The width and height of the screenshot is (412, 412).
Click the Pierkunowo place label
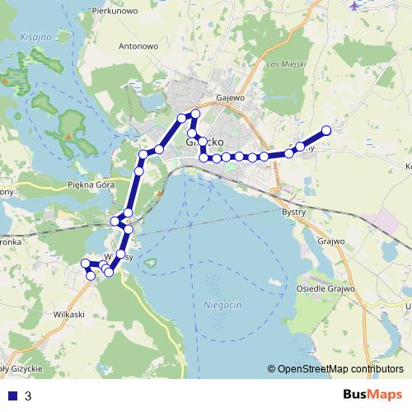[115, 11]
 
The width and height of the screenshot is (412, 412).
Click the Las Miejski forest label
[287, 64]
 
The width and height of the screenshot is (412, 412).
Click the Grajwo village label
[329, 242]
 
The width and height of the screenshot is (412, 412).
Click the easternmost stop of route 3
[326, 129]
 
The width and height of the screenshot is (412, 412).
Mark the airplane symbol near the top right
[355, 6]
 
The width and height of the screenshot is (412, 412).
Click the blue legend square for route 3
[12, 396]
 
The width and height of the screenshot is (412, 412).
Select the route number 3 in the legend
[28, 396]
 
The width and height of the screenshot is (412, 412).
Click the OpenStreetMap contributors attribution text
[340, 370]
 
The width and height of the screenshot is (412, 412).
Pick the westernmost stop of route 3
[85, 265]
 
